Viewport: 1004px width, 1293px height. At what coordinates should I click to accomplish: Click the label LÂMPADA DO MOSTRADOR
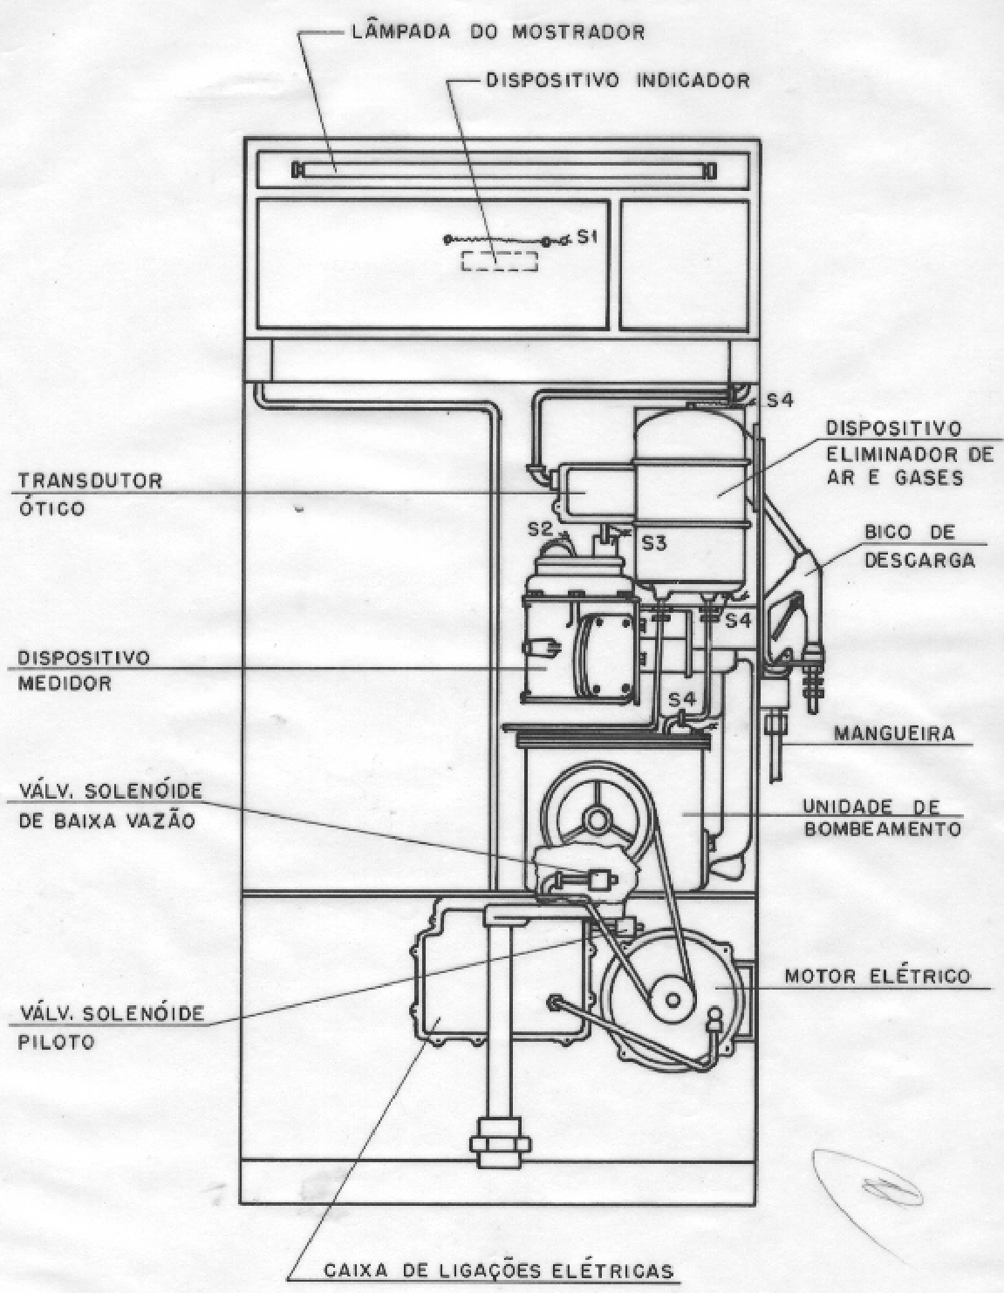(x=498, y=31)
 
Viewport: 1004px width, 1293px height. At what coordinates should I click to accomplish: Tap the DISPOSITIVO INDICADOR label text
(x=618, y=80)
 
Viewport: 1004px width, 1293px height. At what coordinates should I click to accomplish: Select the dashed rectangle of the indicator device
(x=499, y=262)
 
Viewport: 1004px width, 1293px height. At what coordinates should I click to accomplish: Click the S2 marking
(x=541, y=528)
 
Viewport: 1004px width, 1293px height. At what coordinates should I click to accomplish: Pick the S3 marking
(x=653, y=543)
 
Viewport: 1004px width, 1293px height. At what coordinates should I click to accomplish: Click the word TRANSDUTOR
(x=90, y=480)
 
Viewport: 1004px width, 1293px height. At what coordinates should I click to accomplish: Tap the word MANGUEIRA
(x=894, y=733)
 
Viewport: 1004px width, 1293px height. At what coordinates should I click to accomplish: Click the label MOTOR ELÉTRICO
(x=878, y=977)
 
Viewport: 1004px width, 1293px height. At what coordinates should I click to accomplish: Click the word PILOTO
(x=56, y=1043)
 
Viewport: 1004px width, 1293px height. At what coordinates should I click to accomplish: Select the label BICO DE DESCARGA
(x=919, y=547)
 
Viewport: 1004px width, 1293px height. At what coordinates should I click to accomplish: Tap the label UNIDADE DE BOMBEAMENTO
(x=883, y=818)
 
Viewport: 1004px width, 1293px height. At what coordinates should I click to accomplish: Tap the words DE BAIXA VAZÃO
(x=106, y=820)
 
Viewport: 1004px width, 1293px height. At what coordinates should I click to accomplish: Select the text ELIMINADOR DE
(x=910, y=454)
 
